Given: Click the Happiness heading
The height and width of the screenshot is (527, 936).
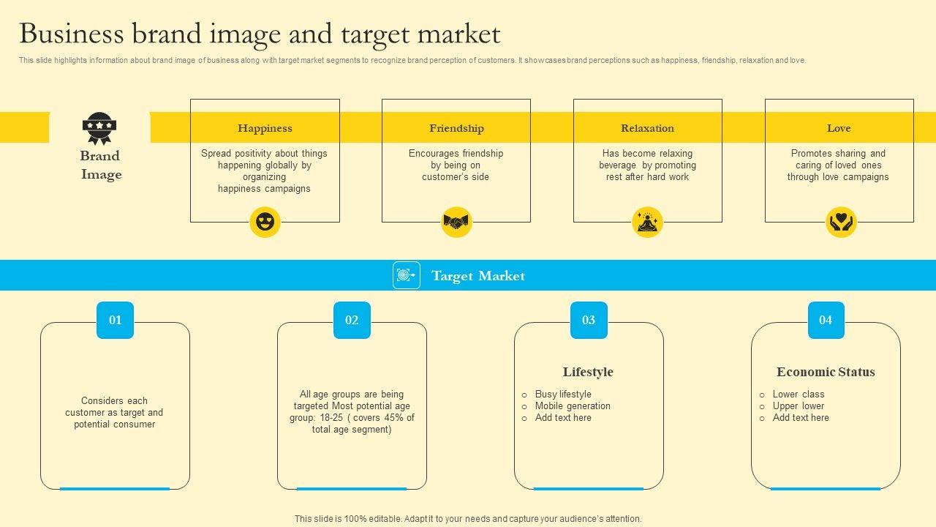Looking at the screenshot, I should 265,128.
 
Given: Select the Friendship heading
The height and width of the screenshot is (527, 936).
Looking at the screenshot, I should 456,128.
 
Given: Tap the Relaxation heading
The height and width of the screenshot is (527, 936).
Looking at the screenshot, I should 647,128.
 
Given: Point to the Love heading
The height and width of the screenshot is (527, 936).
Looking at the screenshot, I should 839,128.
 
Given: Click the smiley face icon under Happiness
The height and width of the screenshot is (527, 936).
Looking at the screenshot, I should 265,223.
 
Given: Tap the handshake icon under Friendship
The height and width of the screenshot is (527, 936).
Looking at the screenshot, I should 456,223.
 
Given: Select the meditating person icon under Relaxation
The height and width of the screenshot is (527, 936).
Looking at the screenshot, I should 647,223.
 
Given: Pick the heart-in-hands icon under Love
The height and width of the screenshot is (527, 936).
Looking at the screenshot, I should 841,223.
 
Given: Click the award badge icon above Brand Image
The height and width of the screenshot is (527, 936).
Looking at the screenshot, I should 99,129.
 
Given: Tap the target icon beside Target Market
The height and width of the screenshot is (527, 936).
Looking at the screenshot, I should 407,275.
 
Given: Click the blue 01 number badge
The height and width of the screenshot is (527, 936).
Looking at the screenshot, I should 116,320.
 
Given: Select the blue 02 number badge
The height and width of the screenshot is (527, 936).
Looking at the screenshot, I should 352,320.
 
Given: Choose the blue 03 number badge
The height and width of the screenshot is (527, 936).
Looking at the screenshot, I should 589,320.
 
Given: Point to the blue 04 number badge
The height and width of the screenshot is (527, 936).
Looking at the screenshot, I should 826,320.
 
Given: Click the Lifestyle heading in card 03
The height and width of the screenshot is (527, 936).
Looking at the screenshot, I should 588,372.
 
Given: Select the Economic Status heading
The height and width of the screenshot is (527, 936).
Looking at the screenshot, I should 826,372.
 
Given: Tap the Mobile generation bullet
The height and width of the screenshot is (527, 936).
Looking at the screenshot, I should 572,406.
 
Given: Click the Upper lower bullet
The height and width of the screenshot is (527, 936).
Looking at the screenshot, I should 798,406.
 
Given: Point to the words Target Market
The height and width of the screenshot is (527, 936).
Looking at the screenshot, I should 478,276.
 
